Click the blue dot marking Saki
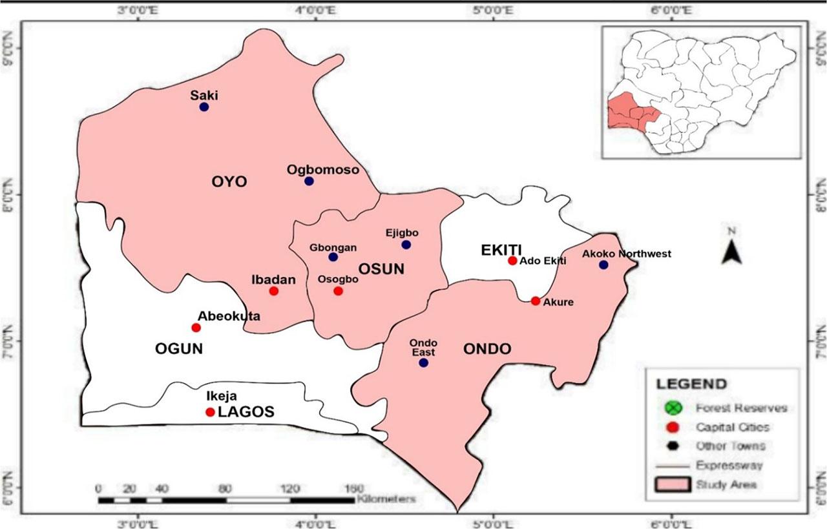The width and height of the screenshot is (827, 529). tap(204, 107)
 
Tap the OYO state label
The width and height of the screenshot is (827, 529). tap(229, 182)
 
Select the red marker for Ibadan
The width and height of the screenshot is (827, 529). tap(273, 291)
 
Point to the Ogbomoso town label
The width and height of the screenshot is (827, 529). tap(322, 169)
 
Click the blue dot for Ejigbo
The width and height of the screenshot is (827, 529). tap(406, 245)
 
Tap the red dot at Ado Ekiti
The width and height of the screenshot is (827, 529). tap(512, 260)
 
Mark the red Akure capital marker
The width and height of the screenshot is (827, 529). tap(536, 301)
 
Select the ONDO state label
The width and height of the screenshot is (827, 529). tap(487, 349)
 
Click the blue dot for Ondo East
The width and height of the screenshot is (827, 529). tap(423, 362)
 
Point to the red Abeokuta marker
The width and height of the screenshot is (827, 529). tap(196, 327)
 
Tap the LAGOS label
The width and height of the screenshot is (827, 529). tap(246, 411)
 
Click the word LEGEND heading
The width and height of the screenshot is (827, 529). tap(691, 384)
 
